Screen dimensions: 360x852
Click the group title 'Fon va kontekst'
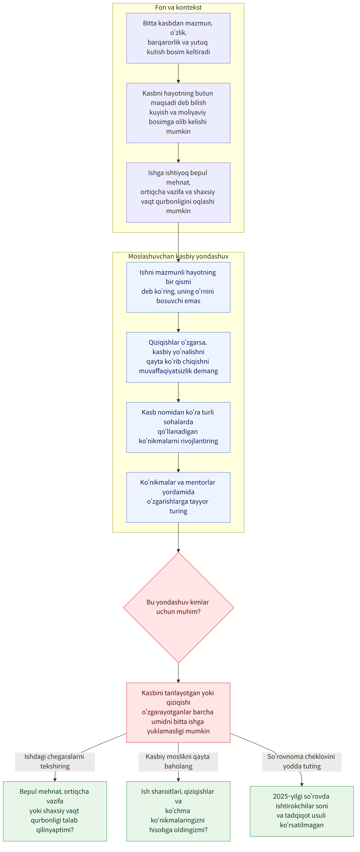(178, 7)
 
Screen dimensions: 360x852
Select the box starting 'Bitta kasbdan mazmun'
(178, 38)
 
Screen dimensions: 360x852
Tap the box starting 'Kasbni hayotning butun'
(178, 113)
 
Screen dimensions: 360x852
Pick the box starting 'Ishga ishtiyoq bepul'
(178, 193)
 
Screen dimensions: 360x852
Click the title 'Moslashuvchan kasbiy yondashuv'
(178, 256)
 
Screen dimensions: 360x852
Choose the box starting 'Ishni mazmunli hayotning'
(178, 287)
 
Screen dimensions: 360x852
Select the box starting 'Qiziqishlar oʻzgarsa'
(178, 357)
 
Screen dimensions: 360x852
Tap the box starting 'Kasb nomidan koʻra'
(178, 427)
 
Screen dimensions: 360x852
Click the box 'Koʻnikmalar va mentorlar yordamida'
(178, 497)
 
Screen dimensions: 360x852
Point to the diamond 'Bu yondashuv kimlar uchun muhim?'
(178, 607)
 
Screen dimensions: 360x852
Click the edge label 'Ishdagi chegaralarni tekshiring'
(55, 761)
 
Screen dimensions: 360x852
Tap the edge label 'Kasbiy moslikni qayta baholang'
(178, 761)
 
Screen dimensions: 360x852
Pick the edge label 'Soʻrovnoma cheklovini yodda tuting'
(302, 761)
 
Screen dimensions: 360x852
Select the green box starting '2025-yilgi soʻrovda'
(302, 811)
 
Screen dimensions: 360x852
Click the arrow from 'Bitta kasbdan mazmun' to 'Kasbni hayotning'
(178, 73)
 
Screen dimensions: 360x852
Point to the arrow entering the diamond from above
(178, 537)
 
